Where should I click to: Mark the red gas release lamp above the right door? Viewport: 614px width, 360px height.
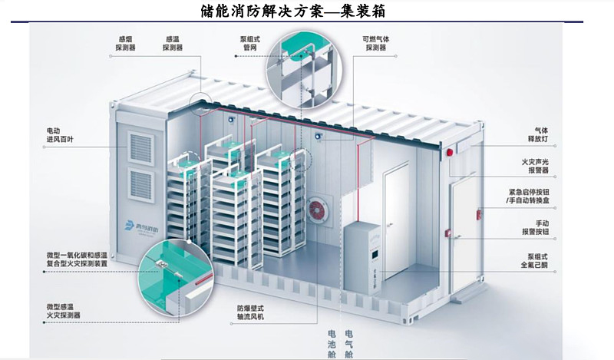coord(449,154)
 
